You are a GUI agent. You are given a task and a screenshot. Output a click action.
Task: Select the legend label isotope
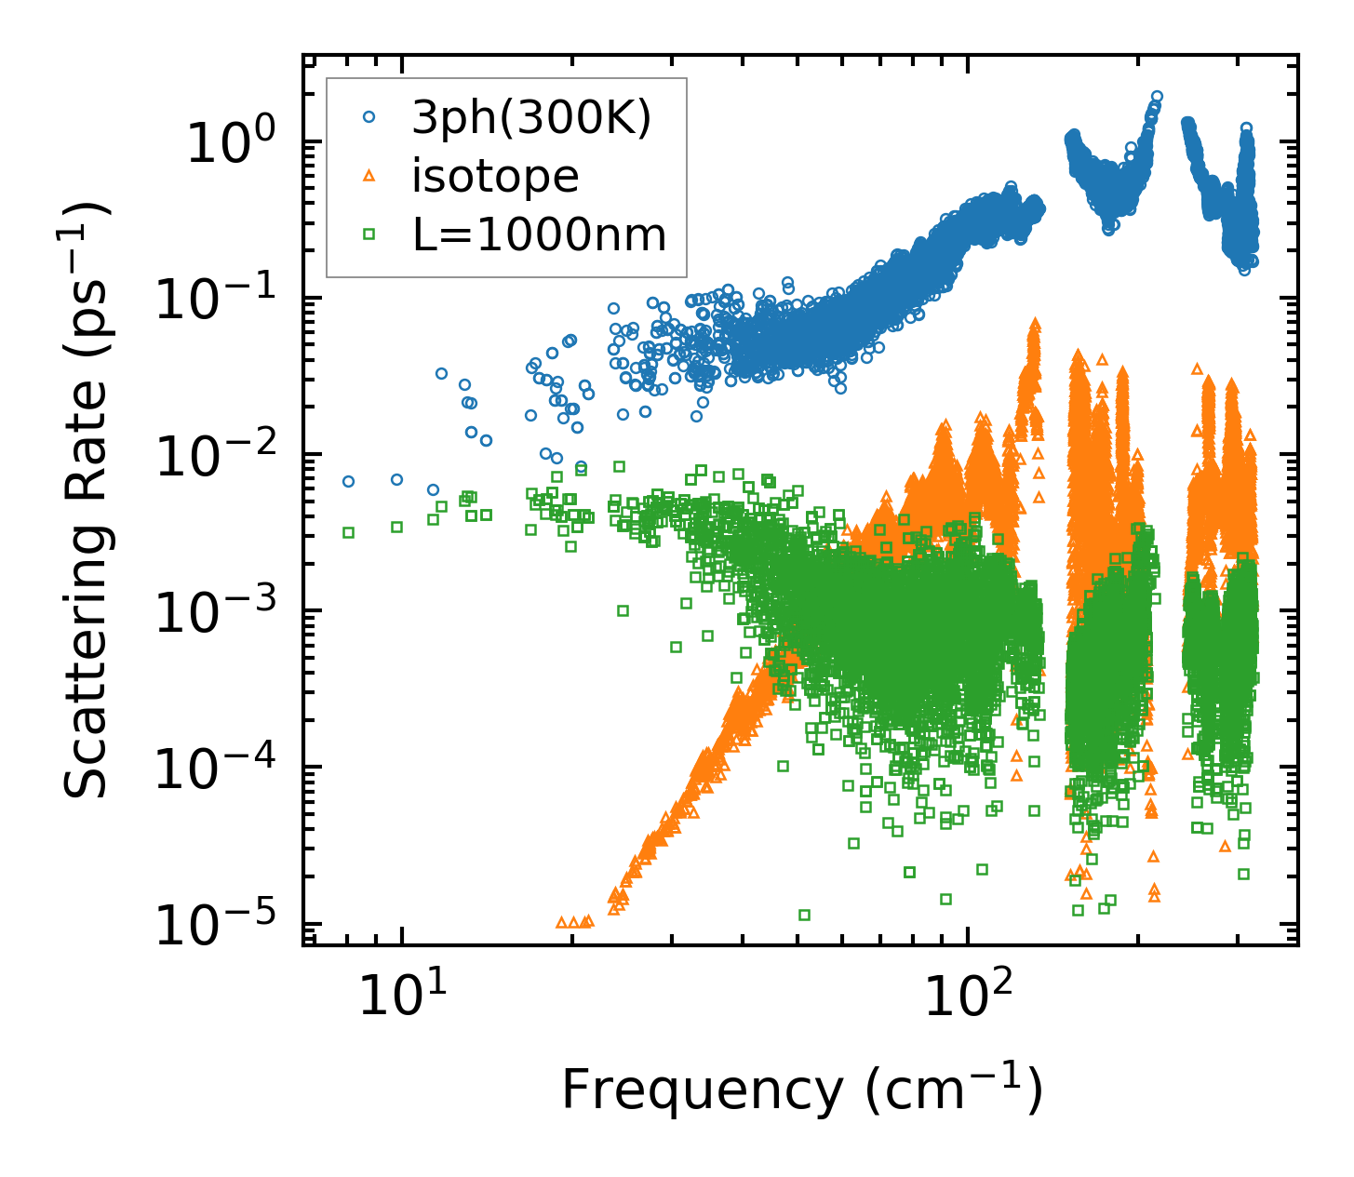(495, 177)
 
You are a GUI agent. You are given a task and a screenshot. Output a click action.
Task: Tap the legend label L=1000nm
(540, 235)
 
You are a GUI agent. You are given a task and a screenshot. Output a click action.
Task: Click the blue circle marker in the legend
(369, 117)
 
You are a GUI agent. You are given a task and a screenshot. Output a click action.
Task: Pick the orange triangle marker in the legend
(369, 176)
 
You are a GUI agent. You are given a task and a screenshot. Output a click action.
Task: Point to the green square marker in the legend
(369, 234)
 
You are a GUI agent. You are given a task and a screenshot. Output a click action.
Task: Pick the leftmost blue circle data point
(348, 481)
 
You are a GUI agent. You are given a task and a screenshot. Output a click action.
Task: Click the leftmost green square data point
(348, 532)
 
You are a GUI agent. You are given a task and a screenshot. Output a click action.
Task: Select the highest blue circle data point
(1157, 96)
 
